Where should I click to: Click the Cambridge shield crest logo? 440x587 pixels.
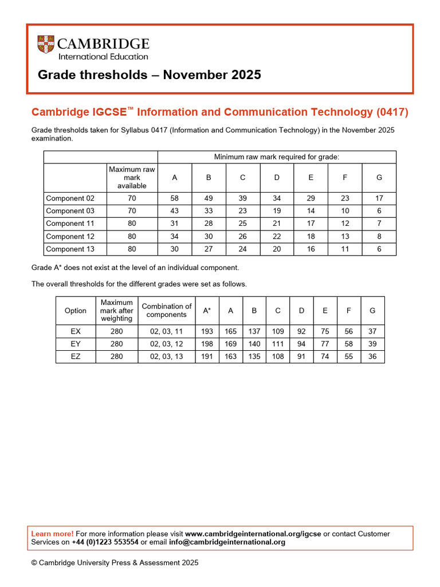(46, 45)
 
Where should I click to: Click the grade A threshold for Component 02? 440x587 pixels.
(174, 198)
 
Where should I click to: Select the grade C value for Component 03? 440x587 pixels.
(242, 211)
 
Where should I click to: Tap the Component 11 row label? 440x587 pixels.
(70, 224)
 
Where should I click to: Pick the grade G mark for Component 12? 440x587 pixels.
(379, 236)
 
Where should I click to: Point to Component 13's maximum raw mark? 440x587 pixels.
(132, 249)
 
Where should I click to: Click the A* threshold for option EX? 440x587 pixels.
(207, 331)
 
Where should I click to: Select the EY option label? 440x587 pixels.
(76, 344)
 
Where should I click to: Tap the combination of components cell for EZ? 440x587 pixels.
(166, 357)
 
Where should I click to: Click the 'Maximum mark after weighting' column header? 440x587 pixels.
(116, 310)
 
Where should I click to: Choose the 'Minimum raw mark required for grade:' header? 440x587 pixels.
(276, 156)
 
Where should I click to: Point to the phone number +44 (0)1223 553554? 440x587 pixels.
(105, 542)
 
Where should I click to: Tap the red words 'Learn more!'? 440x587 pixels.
(52, 534)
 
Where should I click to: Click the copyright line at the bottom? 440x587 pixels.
(115, 563)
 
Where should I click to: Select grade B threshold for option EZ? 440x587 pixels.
(254, 357)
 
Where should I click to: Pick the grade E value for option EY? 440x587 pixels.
(325, 344)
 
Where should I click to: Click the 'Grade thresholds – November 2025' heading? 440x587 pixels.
(150, 75)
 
